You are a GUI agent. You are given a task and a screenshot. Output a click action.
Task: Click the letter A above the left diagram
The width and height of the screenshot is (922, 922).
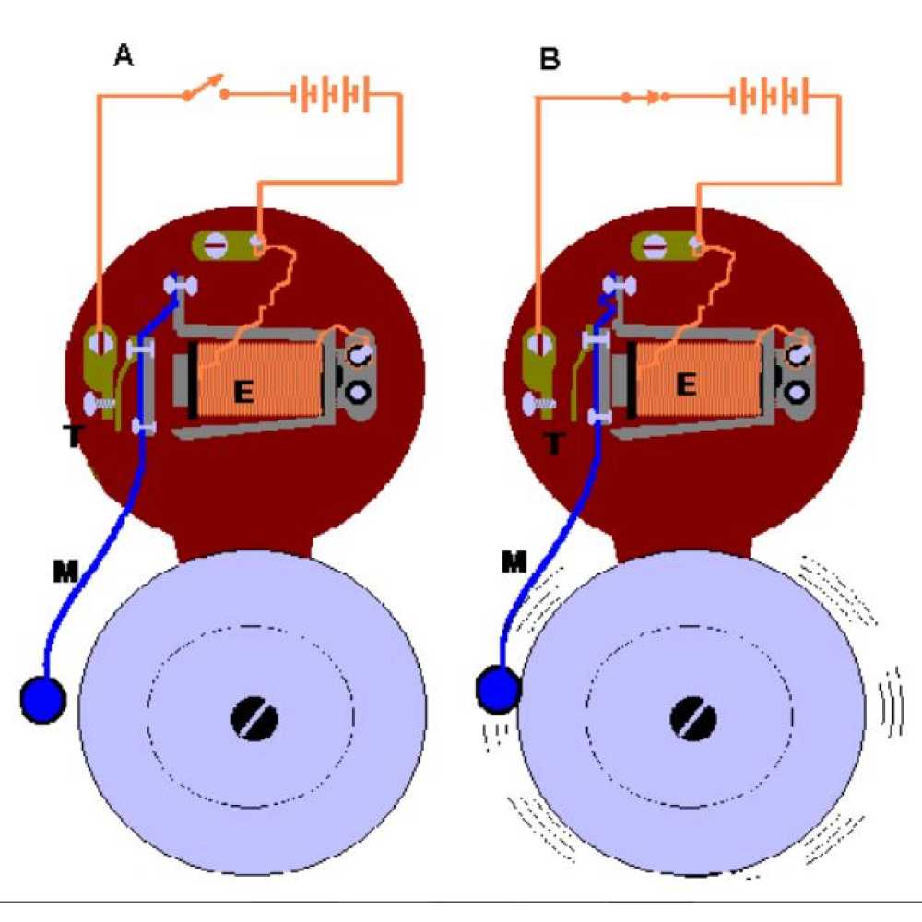tap(123, 56)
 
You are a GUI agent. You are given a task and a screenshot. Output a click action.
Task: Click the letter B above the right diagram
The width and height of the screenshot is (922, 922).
tap(550, 60)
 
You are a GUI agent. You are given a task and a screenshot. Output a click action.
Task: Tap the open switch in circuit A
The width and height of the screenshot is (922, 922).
tap(205, 90)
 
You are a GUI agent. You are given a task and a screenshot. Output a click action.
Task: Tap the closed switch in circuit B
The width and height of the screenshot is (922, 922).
tap(645, 96)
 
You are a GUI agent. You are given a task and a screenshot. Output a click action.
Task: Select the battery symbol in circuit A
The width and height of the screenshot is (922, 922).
tap(332, 94)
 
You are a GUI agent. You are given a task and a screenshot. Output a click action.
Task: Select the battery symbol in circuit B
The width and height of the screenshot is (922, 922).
tap(770, 95)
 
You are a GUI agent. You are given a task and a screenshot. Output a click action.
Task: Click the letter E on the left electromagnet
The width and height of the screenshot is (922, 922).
tap(243, 392)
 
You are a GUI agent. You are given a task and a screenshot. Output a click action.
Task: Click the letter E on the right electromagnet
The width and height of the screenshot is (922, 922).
tap(684, 384)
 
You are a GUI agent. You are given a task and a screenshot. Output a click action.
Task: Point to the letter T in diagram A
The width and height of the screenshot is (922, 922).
tap(73, 437)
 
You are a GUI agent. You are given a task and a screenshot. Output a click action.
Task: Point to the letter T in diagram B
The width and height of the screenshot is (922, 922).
tap(553, 444)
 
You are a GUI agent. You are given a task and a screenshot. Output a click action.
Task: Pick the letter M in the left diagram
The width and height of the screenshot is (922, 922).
tap(65, 573)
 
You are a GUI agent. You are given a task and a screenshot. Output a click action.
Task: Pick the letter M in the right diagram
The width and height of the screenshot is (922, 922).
tap(513, 561)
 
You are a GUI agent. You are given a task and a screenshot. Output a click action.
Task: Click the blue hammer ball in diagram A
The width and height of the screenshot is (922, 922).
tap(43, 700)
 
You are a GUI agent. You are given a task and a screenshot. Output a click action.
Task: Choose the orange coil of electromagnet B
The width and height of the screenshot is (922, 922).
tap(701, 373)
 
